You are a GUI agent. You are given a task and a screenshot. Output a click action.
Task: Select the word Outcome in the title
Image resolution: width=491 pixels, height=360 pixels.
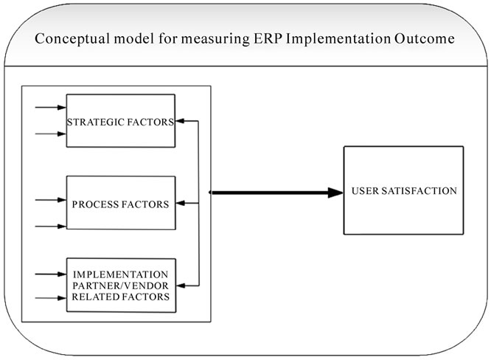(x=425, y=38)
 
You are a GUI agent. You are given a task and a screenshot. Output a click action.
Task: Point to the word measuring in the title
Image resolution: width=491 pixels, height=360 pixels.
(x=215, y=40)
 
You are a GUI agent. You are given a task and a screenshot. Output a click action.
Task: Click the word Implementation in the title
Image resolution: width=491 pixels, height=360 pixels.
(x=338, y=40)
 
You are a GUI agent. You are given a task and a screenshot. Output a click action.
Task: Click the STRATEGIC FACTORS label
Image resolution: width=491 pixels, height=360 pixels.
(x=121, y=122)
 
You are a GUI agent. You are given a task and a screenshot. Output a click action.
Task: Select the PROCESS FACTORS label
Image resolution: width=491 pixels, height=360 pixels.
(x=121, y=204)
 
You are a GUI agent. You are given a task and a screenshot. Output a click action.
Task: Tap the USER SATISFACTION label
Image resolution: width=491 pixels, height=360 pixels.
(x=404, y=191)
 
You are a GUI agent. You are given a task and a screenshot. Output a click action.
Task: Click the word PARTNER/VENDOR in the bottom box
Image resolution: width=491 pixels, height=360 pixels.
(x=121, y=285)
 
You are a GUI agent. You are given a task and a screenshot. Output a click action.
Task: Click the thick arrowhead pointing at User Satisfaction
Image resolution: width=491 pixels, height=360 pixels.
(x=335, y=193)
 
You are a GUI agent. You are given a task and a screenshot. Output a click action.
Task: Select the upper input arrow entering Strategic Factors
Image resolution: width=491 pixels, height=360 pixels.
(x=51, y=108)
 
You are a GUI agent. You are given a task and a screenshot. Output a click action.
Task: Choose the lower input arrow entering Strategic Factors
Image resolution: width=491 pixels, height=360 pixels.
(x=51, y=134)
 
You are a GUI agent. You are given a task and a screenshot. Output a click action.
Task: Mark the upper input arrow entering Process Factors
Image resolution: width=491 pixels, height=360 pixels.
(x=51, y=200)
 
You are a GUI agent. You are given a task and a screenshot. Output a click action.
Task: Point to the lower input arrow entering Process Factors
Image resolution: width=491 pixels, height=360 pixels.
(x=51, y=226)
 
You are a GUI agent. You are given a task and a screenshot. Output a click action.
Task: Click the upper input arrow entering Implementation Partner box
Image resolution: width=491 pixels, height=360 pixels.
(x=51, y=274)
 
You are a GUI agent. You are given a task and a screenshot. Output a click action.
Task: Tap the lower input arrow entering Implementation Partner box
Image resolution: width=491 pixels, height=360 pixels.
(x=51, y=298)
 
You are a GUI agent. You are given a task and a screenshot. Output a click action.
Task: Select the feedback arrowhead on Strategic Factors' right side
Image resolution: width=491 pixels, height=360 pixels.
(x=180, y=121)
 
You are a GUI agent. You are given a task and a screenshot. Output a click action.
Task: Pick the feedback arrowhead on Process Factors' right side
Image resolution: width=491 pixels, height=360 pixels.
(x=181, y=204)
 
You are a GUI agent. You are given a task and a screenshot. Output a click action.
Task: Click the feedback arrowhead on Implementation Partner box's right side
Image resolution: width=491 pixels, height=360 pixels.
(x=181, y=285)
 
